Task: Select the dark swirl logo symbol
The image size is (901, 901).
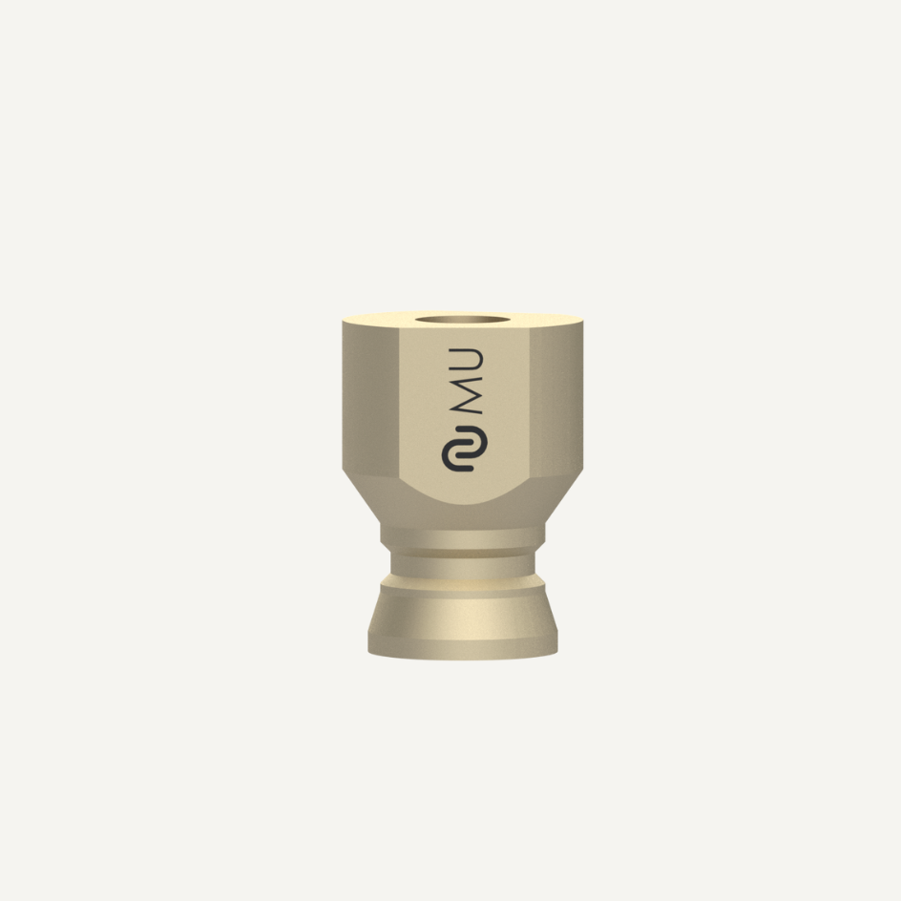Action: coord(464,449)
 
